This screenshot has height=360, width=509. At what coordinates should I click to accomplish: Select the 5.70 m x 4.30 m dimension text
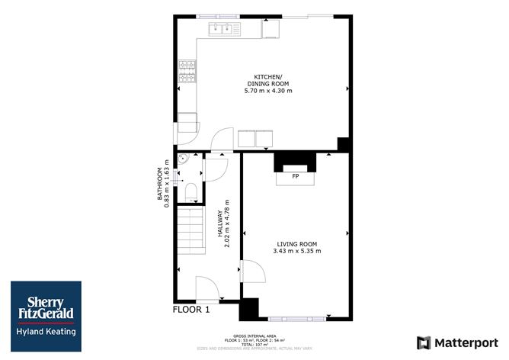267,91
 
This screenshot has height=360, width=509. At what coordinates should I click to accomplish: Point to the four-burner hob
187,71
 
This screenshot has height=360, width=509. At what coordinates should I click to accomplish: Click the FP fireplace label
294,176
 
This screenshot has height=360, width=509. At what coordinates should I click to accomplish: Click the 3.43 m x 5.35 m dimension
298,251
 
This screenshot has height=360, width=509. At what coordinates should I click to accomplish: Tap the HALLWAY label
219,228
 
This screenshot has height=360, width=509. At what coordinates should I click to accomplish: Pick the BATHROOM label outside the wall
161,184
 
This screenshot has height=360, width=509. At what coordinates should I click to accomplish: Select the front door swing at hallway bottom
208,289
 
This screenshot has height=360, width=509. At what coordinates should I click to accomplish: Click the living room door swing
252,272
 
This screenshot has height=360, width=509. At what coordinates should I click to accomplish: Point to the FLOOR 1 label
190,310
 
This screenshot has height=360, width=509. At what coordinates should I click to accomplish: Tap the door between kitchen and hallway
222,140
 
